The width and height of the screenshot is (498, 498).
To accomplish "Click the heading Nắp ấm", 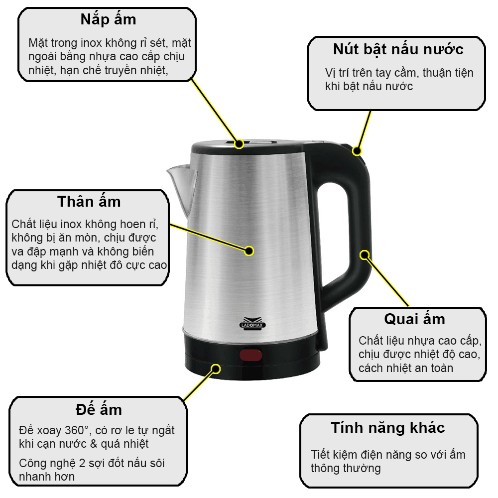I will (108, 20).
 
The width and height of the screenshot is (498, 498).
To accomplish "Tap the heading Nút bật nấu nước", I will (398, 49).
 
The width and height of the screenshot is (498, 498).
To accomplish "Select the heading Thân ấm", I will (89, 201).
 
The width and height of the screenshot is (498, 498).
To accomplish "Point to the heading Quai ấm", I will (414, 319).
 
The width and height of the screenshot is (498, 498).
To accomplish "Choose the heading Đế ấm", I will (99, 409).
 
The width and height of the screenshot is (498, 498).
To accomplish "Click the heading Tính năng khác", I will (387, 427).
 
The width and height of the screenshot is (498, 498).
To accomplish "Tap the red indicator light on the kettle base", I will (251, 356).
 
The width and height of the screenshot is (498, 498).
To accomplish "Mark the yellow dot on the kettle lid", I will (239, 144).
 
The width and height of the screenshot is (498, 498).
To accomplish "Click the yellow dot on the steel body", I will (249, 250).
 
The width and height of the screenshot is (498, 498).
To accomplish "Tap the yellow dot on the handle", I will (365, 255).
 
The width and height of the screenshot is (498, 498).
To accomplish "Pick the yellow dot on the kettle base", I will (216, 369).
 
